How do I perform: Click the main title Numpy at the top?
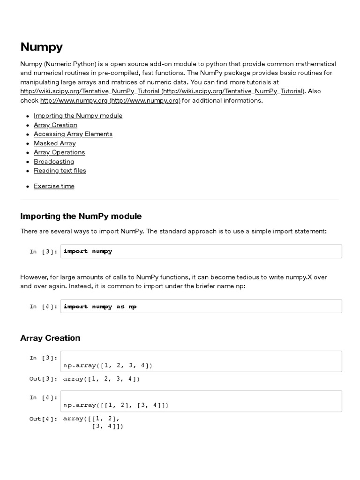(x=41, y=47)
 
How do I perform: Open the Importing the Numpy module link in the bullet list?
(x=78, y=116)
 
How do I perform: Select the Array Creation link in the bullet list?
(x=55, y=125)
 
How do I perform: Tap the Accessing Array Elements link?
(x=73, y=134)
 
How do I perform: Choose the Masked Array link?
(x=54, y=143)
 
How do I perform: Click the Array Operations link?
(x=59, y=152)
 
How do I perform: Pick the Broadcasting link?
(x=54, y=162)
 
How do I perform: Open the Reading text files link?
(x=60, y=171)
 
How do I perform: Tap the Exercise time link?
(x=54, y=186)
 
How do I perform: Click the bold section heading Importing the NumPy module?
(x=81, y=216)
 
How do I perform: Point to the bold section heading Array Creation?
(x=50, y=338)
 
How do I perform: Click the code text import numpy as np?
(x=100, y=307)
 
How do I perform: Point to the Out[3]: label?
(x=44, y=379)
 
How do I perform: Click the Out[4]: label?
(x=44, y=419)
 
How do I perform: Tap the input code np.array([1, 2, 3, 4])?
(x=108, y=365)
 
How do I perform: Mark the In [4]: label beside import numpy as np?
(x=44, y=307)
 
